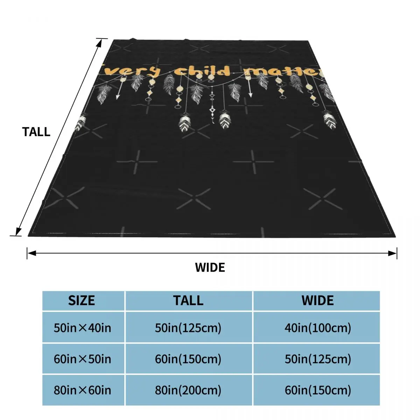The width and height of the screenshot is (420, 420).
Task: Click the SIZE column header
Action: pyautogui.click(x=82, y=301)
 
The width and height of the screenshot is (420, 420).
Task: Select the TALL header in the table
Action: pyautogui.click(x=188, y=301)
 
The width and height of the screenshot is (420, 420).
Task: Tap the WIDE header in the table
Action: pyautogui.click(x=317, y=301)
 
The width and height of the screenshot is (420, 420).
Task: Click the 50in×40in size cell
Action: pyautogui.click(x=83, y=328)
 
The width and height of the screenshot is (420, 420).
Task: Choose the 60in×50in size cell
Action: pyautogui.click(x=83, y=359)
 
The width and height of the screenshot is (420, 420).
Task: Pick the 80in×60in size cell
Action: pyautogui.click(x=83, y=390)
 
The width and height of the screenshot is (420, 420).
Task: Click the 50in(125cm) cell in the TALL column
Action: pyautogui.click(x=188, y=328)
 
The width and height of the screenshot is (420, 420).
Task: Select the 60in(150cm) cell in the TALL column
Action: pyautogui.click(x=188, y=359)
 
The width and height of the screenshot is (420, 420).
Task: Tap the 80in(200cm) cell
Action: pyautogui.click(x=188, y=390)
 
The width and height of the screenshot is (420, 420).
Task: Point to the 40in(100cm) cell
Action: pyautogui.click(x=317, y=328)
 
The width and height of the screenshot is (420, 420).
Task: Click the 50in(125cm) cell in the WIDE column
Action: pyautogui.click(x=317, y=359)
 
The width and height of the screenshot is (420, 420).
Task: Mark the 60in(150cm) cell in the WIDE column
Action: pyautogui.click(x=317, y=390)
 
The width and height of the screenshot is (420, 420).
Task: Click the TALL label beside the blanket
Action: pyautogui.click(x=36, y=132)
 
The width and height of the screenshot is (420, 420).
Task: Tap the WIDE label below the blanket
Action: pyautogui.click(x=210, y=267)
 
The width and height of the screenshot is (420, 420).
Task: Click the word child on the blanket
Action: pyautogui.click(x=203, y=71)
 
